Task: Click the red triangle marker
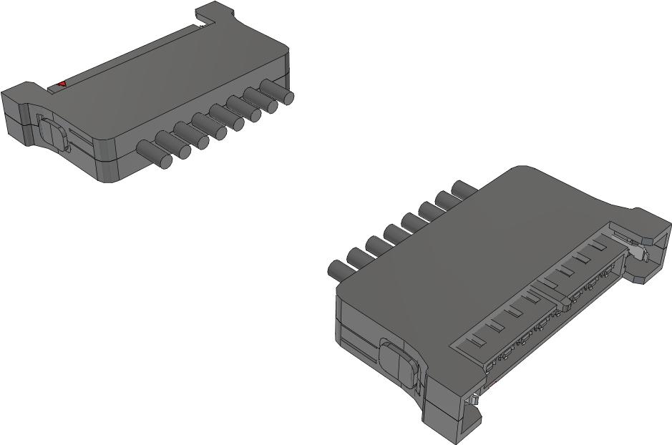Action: [62, 84]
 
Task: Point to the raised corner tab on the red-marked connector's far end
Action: [215, 12]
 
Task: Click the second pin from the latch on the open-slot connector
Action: [358, 258]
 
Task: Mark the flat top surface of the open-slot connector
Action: [465, 258]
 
